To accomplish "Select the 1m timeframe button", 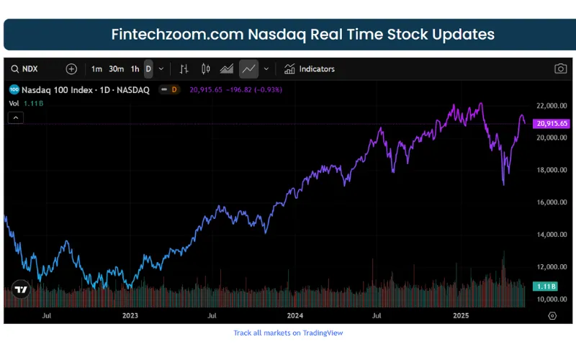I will (96, 69).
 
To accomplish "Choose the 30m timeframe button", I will (116, 69).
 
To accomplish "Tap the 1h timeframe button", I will (135, 69).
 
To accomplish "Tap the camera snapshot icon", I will (560, 69).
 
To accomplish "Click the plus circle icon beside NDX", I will (71, 69).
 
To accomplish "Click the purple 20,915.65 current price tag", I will (552, 124).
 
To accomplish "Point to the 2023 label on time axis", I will (130, 315).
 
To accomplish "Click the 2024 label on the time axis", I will (294, 315).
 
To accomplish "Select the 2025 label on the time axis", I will (462, 315).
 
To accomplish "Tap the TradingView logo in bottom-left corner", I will (21, 290).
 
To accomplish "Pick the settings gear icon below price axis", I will (552, 315).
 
